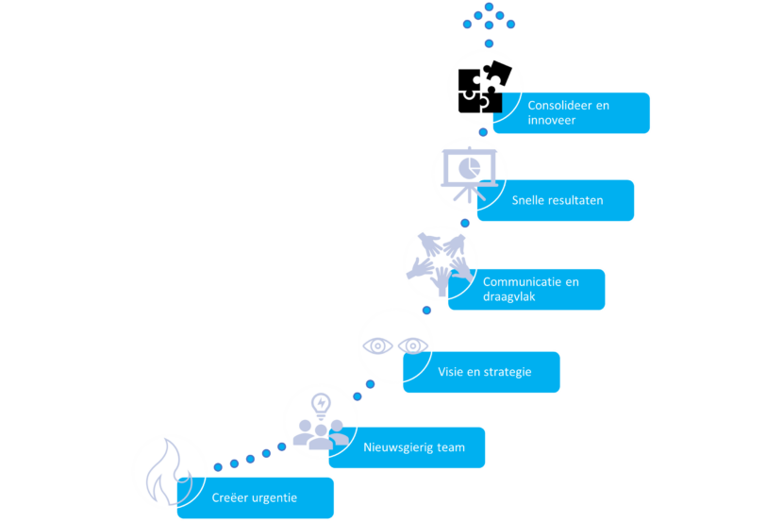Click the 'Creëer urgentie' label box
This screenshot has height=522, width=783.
[x=255, y=497]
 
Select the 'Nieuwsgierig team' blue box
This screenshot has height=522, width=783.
[x=408, y=447]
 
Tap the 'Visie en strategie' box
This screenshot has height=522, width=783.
[x=481, y=372]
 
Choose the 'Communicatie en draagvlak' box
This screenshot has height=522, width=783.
[x=526, y=289]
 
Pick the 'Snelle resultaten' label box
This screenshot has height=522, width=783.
[x=556, y=200]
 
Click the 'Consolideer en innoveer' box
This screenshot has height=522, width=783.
[x=571, y=113]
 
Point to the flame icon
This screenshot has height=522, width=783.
[x=167, y=471]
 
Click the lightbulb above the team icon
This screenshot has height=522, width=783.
[x=321, y=405]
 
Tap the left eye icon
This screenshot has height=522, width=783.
[x=378, y=345]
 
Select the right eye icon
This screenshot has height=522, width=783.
[x=412, y=345]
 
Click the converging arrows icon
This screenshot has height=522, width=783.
[x=439, y=258]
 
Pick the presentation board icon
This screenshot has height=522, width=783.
[x=469, y=174]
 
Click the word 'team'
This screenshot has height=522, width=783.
[x=451, y=447]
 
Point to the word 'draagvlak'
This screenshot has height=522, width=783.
[x=511, y=296]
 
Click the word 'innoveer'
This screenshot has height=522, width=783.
[x=552, y=121]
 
